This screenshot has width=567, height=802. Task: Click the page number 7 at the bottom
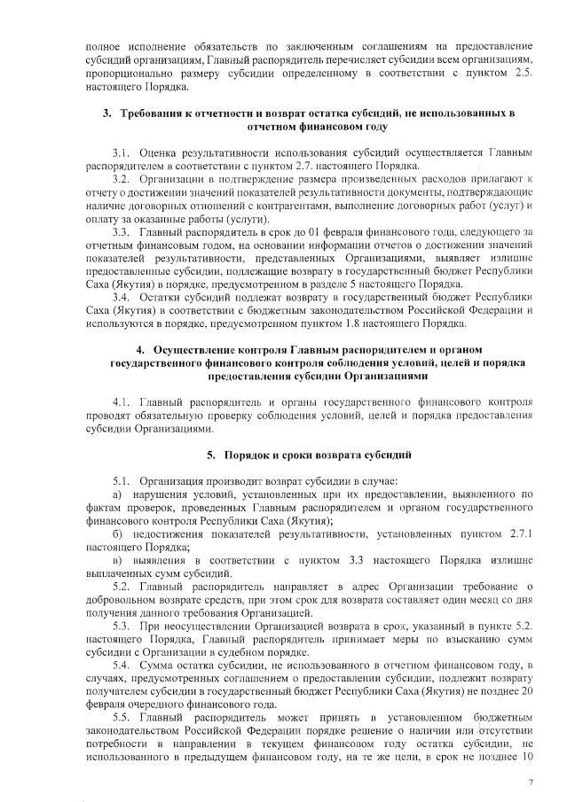point(531,783)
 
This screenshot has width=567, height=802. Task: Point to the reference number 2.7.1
point(517,534)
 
